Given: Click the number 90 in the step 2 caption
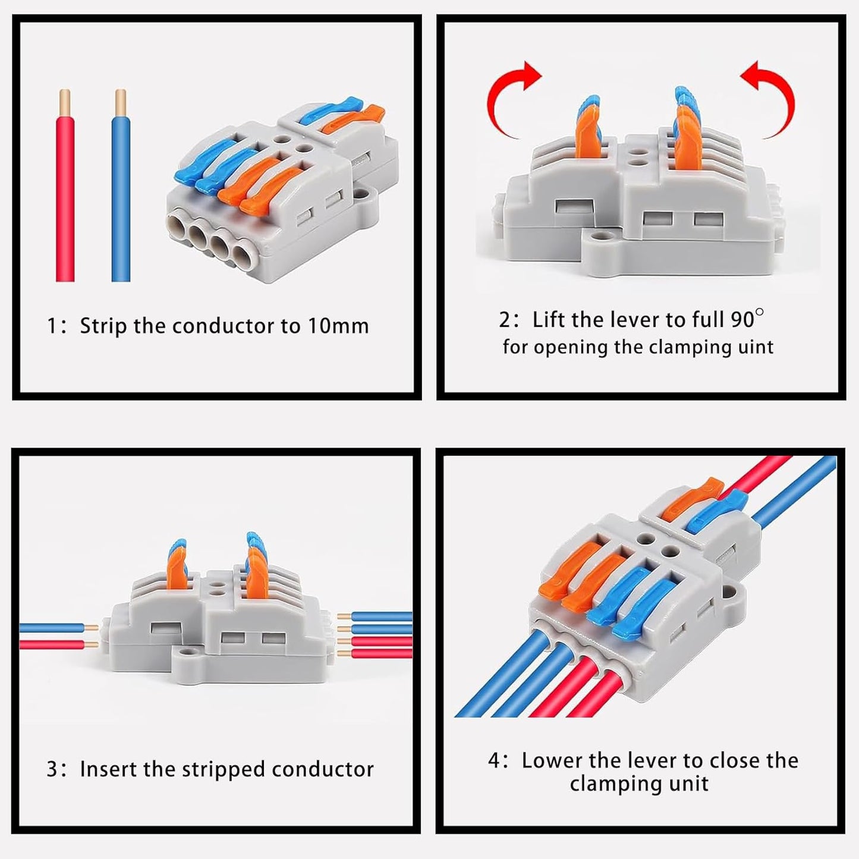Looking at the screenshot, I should [742, 320].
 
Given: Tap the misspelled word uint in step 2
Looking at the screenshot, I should [756, 347].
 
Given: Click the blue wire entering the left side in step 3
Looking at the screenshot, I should [51, 628].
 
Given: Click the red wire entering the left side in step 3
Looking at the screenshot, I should [51, 644].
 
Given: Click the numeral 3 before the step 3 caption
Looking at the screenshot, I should [53, 769].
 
